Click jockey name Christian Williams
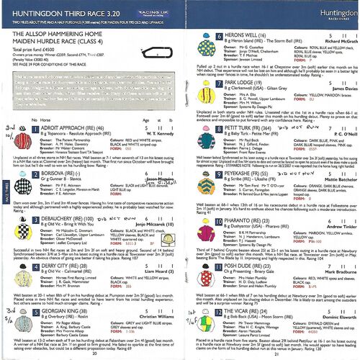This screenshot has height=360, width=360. pos(153,315)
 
